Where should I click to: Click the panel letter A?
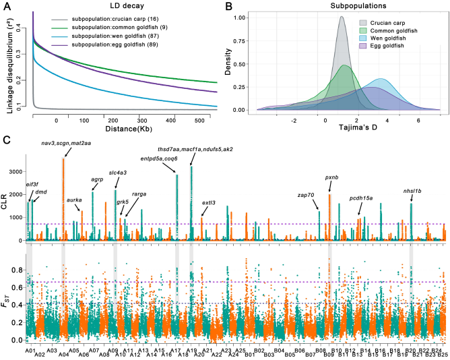[6, 6]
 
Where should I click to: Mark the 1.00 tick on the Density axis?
[239, 18]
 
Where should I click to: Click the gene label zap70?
[307, 195]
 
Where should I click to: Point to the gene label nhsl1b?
[412, 191]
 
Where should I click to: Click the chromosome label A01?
[30, 350]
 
